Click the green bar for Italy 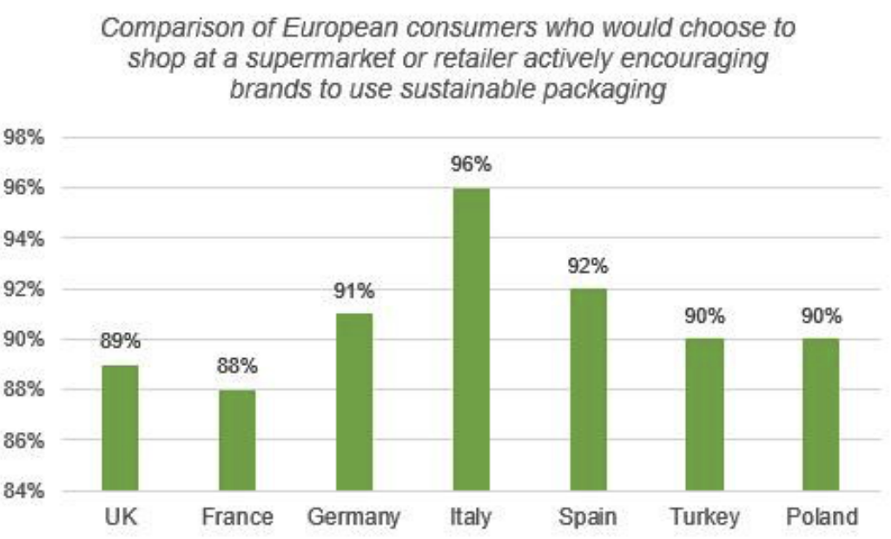[x=471, y=339]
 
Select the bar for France [x=237, y=440]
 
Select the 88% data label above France [x=237, y=366]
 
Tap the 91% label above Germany [x=353, y=290]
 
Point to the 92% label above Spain [x=588, y=265]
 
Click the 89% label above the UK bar [x=120, y=342]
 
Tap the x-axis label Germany [x=353, y=517]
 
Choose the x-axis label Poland [x=821, y=517]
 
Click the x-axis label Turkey [x=704, y=517]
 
